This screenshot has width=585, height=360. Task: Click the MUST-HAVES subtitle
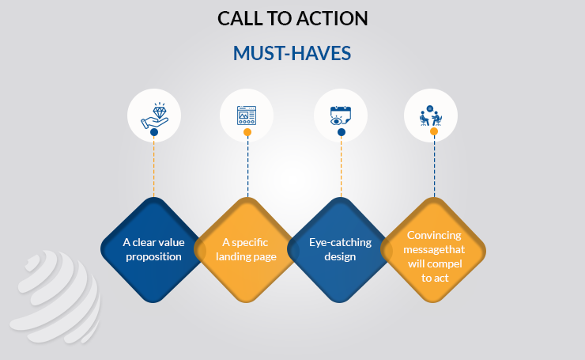(292, 53)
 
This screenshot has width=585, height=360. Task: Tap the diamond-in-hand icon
(154, 116)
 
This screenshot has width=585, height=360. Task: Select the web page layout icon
(247, 116)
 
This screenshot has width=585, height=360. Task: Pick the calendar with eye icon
(340, 116)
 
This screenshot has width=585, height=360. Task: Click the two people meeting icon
(431, 116)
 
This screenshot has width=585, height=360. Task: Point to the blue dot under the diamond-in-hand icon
(154, 132)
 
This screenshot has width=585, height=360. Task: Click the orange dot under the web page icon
(247, 132)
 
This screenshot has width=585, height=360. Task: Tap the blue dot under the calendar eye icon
(342, 132)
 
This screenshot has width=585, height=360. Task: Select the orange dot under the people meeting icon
(434, 131)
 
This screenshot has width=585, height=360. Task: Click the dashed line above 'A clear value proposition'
(153, 167)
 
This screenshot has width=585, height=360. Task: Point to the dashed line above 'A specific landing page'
(247, 167)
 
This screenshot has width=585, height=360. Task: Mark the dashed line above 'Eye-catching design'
(341, 167)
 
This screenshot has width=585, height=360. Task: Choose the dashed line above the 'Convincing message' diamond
(434, 166)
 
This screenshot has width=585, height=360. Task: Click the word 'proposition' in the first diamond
(153, 257)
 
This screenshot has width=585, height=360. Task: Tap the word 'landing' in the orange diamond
(231, 257)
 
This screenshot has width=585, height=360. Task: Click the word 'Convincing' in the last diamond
(434, 235)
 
